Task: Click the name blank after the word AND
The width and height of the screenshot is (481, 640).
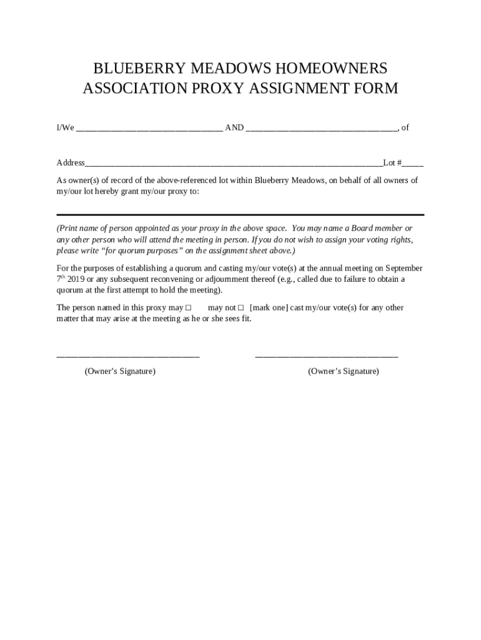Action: (321, 129)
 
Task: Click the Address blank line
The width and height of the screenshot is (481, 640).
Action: (234, 164)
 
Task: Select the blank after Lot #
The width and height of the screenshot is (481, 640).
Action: (413, 164)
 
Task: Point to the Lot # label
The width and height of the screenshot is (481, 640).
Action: (392, 163)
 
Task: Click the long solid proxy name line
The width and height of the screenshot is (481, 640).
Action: (240, 214)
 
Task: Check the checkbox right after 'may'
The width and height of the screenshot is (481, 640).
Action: (188, 307)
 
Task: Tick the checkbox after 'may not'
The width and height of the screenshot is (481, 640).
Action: (241, 307)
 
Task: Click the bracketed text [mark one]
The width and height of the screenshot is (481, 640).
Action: (269, 307)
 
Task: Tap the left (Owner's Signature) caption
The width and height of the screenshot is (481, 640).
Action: (120, 371)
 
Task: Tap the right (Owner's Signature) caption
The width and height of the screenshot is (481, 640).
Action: (343, 371)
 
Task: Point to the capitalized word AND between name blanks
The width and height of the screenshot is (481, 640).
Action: (234, 128)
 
